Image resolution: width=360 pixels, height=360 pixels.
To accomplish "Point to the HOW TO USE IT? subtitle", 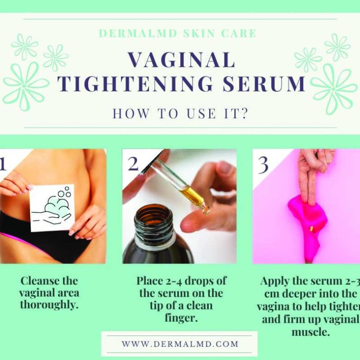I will point(180,113).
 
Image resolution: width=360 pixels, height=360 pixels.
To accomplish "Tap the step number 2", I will point(133,164).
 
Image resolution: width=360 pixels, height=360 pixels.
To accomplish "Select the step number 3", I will point(263,165).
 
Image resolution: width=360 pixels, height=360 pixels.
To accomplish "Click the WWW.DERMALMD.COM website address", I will point(180,344).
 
